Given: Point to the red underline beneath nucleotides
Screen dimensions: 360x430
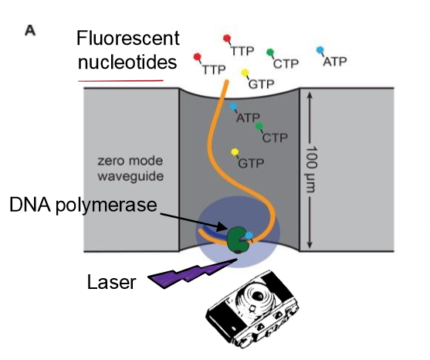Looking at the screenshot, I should click(x=120, y=79).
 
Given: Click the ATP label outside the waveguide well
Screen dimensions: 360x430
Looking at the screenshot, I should click(x=334, y=60).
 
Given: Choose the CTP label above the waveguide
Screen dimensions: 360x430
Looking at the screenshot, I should click(x=286, y=61).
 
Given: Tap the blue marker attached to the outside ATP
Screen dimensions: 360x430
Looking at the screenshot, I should click(x=321, y=50).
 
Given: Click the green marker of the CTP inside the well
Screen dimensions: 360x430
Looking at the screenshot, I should click(x=259, y=126).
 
